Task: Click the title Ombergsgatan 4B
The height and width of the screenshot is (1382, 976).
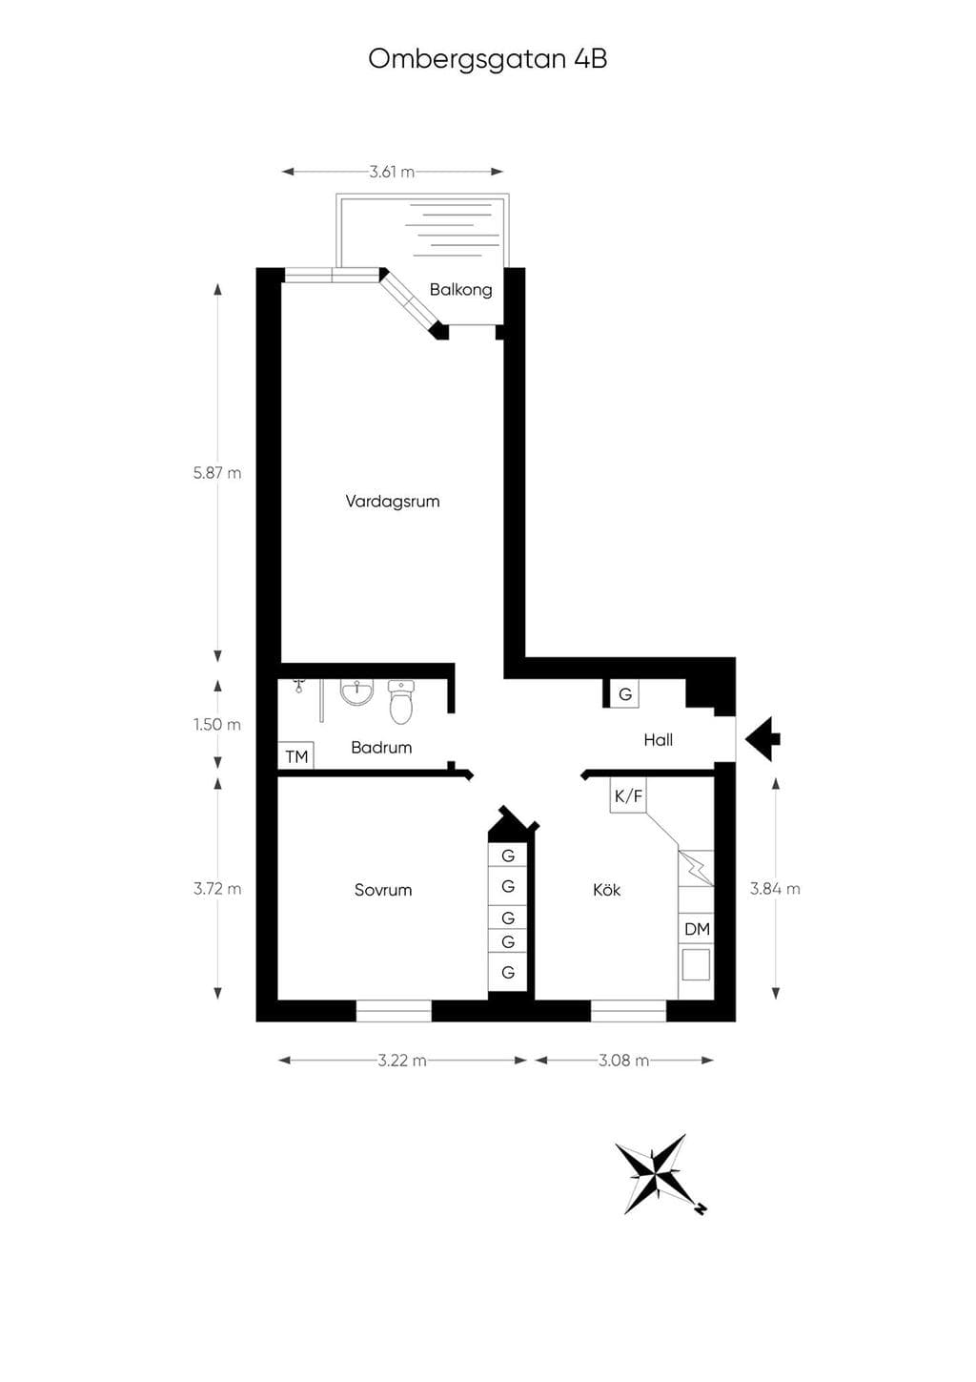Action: click(488, 60)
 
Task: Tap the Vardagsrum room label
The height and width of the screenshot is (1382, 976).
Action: click(392, 502)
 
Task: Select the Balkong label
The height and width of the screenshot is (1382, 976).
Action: click(460, 290)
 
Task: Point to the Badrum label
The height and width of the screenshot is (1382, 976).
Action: click(381, 748)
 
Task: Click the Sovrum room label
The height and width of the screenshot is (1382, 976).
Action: click(382, 890)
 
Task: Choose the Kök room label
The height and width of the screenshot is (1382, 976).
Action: click(607, 890)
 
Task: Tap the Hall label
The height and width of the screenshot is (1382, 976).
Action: click(658, 740)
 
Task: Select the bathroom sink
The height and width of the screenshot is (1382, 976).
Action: click(357, 692)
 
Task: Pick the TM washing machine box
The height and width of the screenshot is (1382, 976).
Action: click(295, 755)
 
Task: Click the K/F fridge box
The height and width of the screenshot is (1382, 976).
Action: click(628, 795)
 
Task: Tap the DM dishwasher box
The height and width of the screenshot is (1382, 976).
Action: click(697, 929)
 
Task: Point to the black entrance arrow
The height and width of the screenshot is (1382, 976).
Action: click(762, 739)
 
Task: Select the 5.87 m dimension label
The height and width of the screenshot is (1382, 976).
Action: click(217, 473)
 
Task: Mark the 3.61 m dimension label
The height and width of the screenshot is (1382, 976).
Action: click(392, 172)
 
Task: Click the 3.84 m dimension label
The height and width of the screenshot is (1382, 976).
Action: click(775, 889)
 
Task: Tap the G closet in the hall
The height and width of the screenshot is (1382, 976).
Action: click(624, 694)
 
